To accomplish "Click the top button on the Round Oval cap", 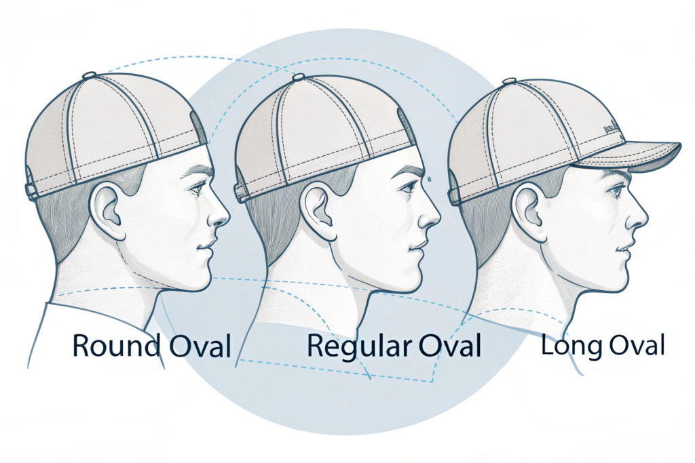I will [89, 75].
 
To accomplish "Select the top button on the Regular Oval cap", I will [297, 78].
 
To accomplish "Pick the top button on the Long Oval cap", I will [509, 82].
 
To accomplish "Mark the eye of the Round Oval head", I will [197, 188].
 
